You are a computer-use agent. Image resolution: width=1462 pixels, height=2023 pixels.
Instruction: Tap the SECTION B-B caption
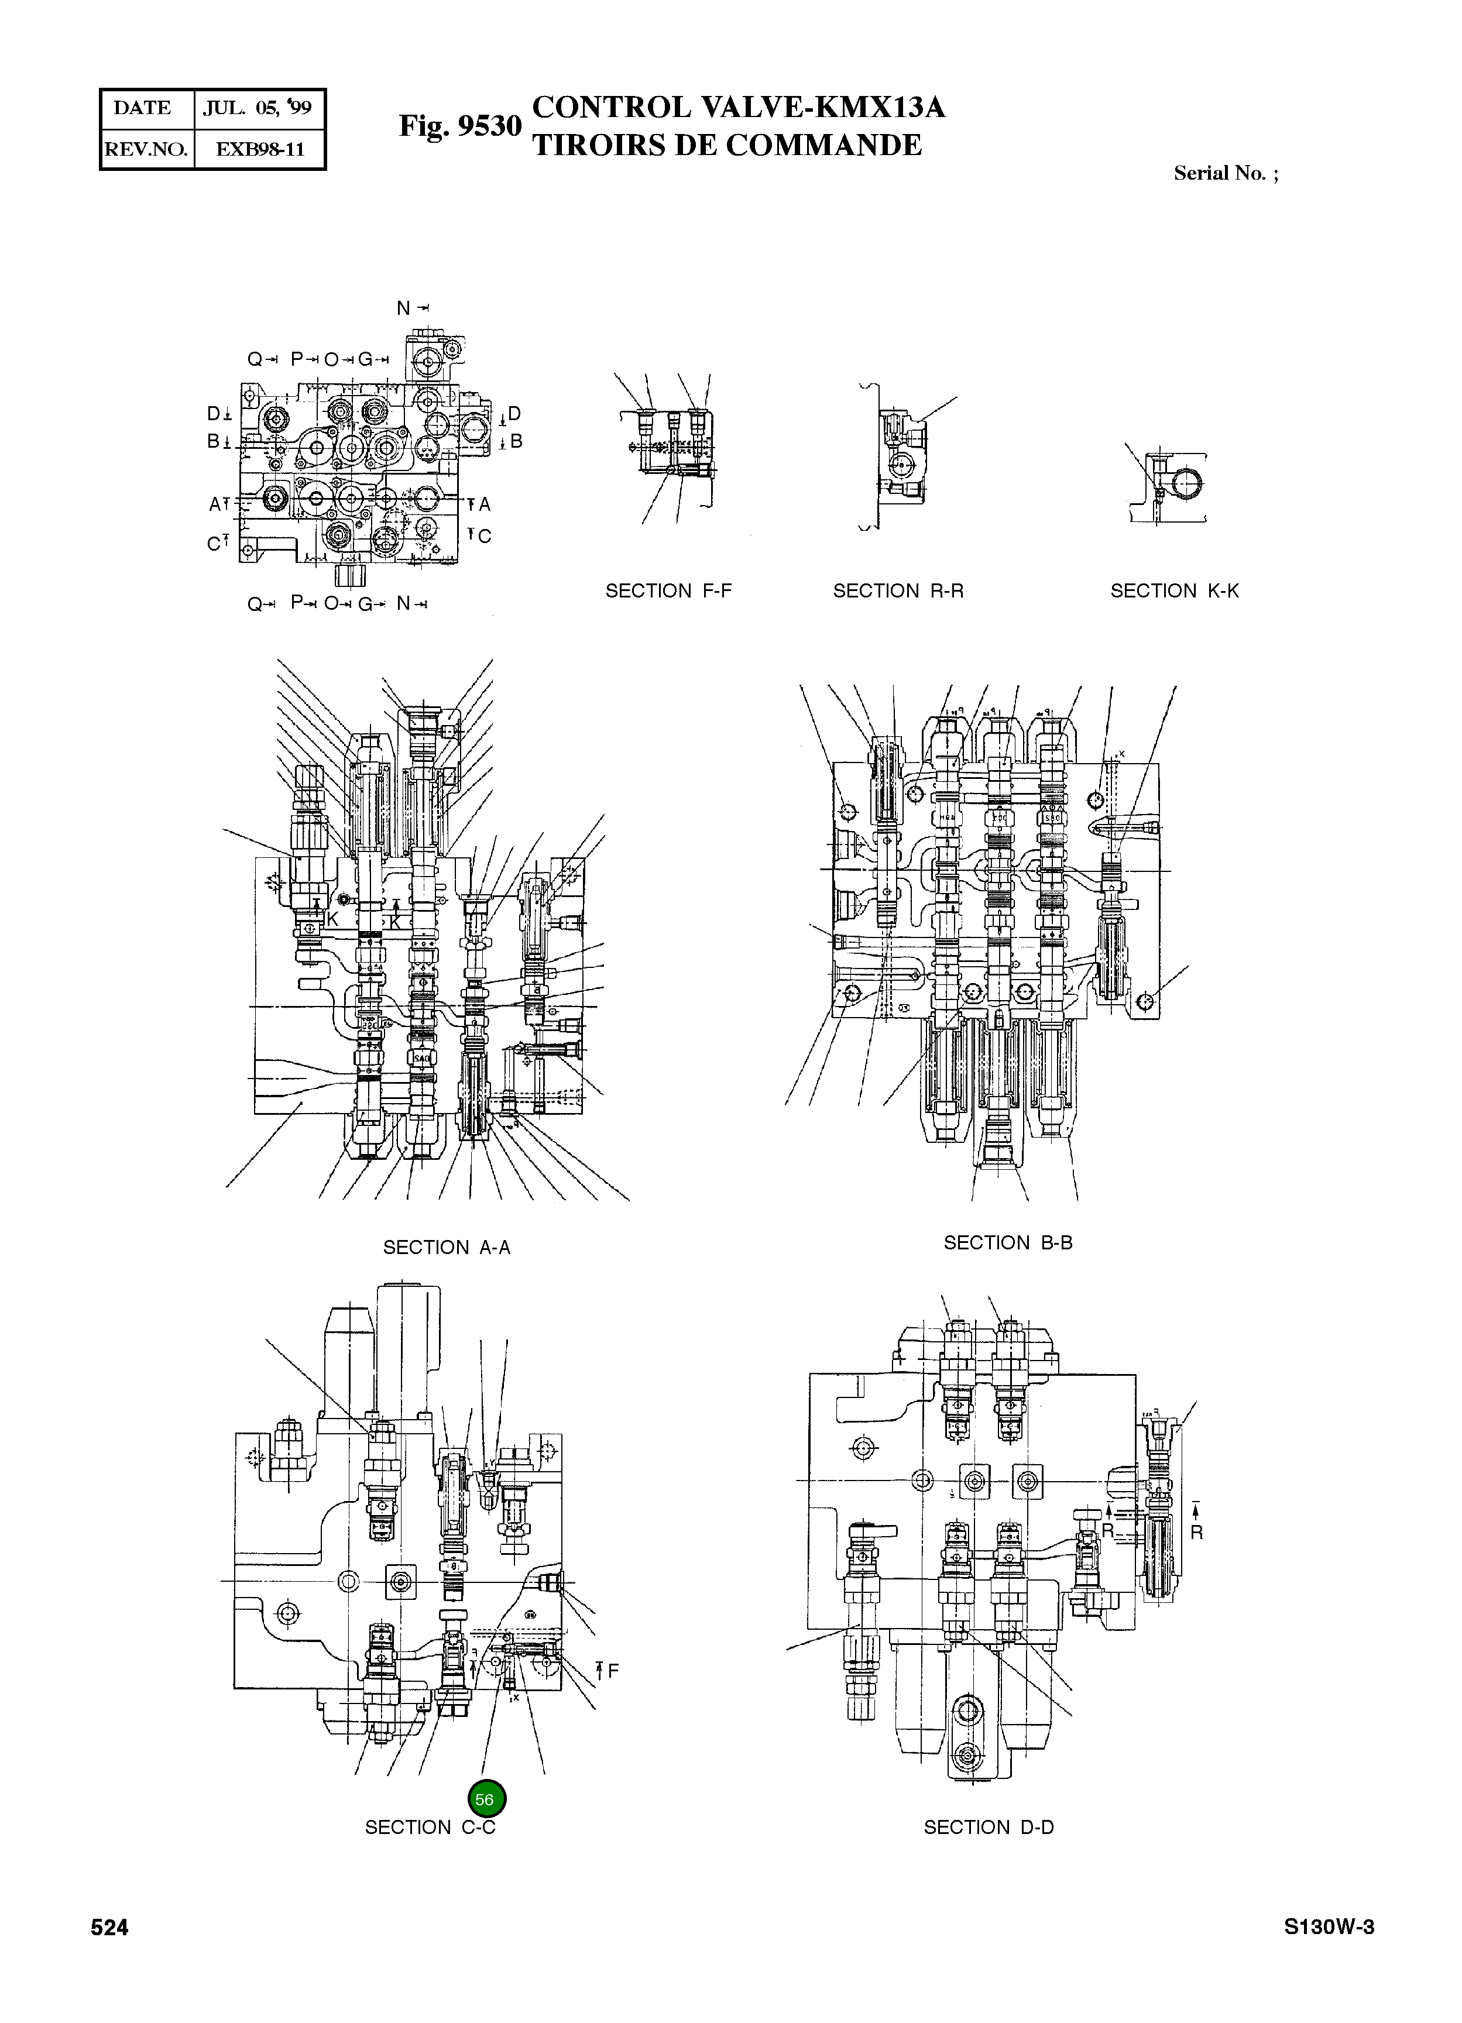1008,1242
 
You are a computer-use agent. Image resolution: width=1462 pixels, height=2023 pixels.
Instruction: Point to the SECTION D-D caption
989,1828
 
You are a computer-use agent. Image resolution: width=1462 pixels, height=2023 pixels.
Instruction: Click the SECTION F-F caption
668,590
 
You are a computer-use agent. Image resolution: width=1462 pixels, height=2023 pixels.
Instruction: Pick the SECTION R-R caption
898,590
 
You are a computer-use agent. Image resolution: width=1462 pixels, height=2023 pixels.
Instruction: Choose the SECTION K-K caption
1174,590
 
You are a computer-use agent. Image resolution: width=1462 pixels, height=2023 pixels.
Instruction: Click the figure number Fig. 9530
459,126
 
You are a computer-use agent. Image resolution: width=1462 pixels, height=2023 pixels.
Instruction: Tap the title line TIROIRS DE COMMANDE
727,145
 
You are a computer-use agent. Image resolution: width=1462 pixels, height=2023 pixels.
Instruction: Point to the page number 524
109,1928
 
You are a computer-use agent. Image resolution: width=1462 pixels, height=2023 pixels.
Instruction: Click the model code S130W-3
1328,1928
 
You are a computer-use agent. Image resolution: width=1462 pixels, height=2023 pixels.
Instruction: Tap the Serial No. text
1225,173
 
